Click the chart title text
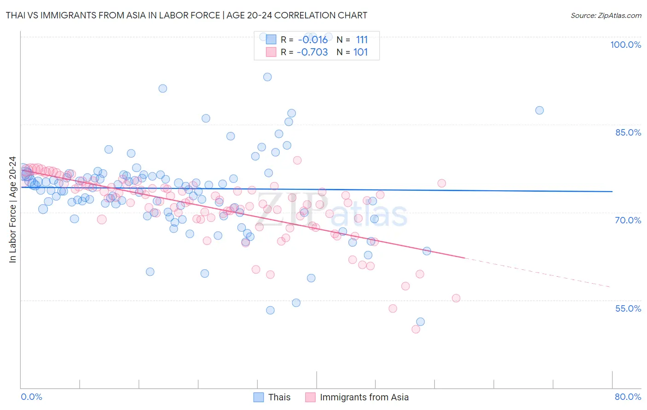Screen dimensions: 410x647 [x=186, y=15]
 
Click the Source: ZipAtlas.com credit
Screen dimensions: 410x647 [x=606, y=15]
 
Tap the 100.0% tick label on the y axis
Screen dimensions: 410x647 [x=625, y=45]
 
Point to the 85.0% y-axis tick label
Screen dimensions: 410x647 [x=628, y=132]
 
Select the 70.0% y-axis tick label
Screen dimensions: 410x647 [x=628, y=220]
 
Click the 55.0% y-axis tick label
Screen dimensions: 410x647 [x=628, y=308]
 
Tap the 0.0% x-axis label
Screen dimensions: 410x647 [x=31, y=397]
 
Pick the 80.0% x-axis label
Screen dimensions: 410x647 [x=628, y=397]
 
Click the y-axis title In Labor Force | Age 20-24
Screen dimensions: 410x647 [x=12, y=210]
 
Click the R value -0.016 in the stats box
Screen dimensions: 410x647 [x=313, y=40]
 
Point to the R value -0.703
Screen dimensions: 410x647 [x=312, y=52]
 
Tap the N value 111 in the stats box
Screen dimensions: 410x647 [x=362, y=40]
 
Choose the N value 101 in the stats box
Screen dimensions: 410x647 [x=361, y=52]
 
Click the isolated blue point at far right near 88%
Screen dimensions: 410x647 [x=539, y=110]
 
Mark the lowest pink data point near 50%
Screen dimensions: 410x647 [x=416, y=329]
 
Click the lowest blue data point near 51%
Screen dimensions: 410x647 [x=420, y=322]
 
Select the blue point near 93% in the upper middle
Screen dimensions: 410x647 [x=267, y=77]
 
